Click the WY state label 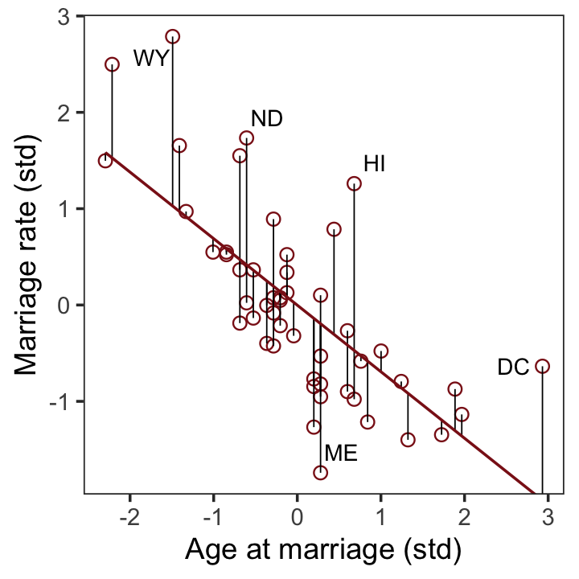coord(150,59)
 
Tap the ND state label coord(267,119)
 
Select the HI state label coord(375,165)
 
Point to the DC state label coord(513,368)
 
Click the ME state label coord(341,454)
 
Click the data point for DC coord(542,366)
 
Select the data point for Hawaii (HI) coord(354,184)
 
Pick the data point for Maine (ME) coord(320,472)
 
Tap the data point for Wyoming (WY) coord(172,37)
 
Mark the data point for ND coord(247,138)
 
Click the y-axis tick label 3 coord(64,17)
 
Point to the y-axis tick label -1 coord(60,401)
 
